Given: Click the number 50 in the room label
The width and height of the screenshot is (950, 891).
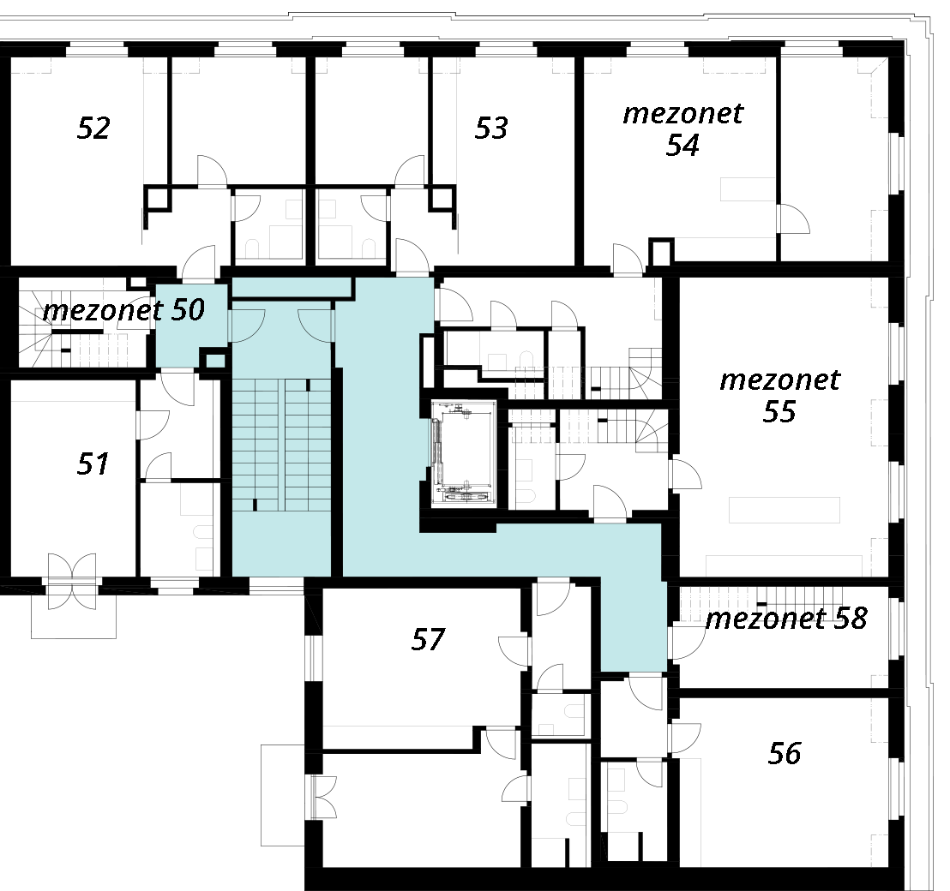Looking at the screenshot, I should click(188, 310).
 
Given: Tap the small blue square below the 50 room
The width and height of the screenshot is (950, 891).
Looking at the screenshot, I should click(215, 361).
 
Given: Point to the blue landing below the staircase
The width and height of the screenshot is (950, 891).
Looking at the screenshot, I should click(281, 544).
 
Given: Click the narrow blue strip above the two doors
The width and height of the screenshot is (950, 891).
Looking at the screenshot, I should click(292, 286).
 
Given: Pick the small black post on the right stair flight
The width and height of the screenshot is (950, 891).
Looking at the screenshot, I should click(307, 386).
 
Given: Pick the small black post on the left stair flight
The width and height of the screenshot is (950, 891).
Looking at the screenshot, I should click(255, 505).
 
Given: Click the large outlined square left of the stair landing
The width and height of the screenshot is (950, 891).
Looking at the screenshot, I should click(196, 499).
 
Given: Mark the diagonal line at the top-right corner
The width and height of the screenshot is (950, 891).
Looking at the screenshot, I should click(879, 65).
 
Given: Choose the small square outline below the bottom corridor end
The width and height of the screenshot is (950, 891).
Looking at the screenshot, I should click(546, 730).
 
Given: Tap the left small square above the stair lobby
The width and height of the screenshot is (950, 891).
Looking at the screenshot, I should click(294, 209).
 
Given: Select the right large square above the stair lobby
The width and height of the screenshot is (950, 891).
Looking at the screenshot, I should click(335, 242).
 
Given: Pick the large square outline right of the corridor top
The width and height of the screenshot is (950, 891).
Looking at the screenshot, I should click(463, 348).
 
